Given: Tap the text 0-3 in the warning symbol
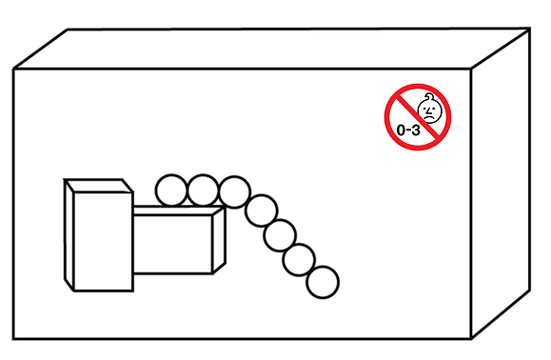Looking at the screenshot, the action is click(408, 130).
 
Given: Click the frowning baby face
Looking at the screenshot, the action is click(429, 110).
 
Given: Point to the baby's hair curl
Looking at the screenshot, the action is click(429, 95).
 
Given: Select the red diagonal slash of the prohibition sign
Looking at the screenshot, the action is click(418, 117).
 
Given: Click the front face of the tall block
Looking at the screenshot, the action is click(104, 242).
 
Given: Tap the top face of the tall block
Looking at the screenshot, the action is click(98, 186).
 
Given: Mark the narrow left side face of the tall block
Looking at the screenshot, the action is click(69, 235).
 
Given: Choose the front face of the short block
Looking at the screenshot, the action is click(173, 244).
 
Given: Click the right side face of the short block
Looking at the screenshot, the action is click(219, 240).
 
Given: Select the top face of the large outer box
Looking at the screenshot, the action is click(271, 49).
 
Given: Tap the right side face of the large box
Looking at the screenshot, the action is click(501, 183).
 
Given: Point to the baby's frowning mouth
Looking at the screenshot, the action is click(428, 117).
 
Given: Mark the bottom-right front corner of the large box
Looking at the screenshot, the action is click(471, 339).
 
